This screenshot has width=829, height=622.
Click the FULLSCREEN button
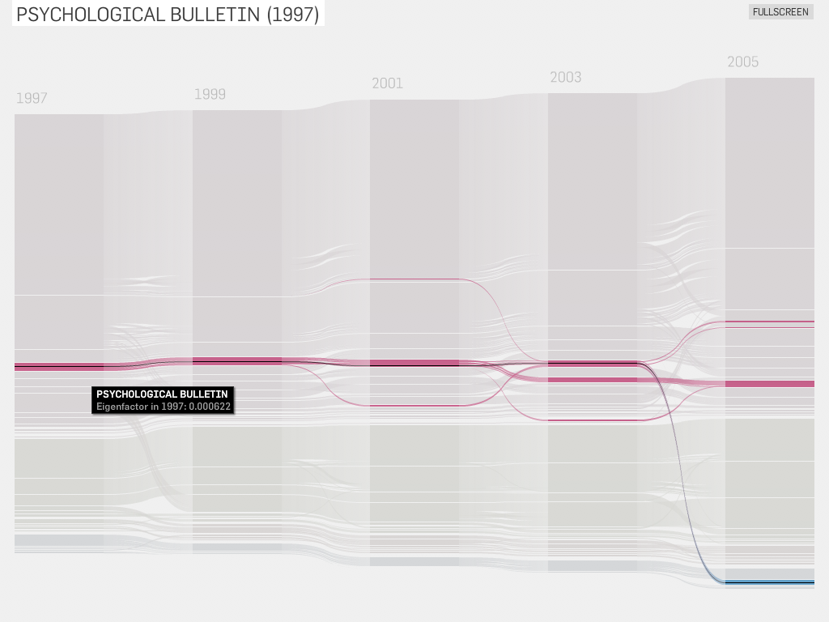(780, 12)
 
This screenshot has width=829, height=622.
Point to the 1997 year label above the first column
(32, 99)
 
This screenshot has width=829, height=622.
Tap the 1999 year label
(210, 94)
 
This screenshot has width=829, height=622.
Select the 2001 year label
(387, 83)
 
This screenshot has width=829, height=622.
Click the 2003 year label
(565, 78)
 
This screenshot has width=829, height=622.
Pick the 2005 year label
(742, 62)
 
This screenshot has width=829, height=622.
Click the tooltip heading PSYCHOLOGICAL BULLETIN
(162, 394)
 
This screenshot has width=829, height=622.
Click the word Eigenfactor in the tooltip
(121, 407)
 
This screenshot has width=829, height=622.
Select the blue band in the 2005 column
(769, 582)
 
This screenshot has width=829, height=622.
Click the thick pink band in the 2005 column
(769, 384)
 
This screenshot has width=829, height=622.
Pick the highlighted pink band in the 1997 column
(58, 366)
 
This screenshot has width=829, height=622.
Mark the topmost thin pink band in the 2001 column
(414, 279)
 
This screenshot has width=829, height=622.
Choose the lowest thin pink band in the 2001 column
(414, 405)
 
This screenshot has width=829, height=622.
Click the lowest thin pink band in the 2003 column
(592, 420)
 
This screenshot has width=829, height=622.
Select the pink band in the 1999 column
(236, 361)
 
